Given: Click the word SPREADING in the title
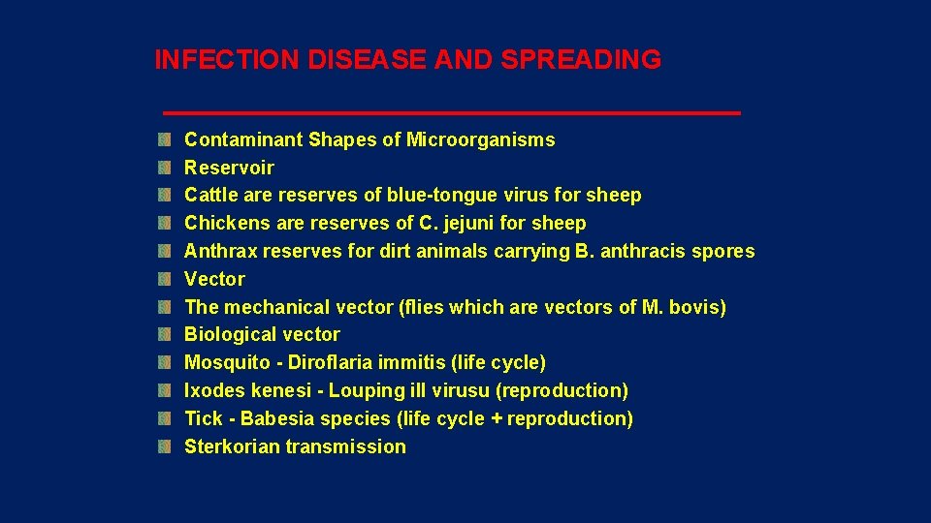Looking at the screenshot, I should pyautogui.click(x=581, y=60).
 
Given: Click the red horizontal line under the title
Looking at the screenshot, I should pyautogui.click(x=451, y=113).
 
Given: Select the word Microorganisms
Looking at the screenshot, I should pyautogui.click(x=480, y=139).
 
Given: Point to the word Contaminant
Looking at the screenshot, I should pyautogui.click(x=243, y=139).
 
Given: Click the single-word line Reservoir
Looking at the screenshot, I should pyautogui.click(x=229, y=168).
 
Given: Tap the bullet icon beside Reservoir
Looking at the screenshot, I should pyautogui.click(x=166, y=168).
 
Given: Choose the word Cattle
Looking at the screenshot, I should pyautogui.click(x=211, y=196).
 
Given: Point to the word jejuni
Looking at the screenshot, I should pyautogui.click(x=471, y=224).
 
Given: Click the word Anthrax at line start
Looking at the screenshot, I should pyautogui.click(x=219, y=252).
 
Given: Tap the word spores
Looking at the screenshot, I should pyautogui.click(x=722, y=252).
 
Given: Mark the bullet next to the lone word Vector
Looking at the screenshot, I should pyautogui.click(x=166, y=280).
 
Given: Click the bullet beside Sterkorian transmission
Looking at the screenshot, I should pyautogui.click(x=166, y=447).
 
